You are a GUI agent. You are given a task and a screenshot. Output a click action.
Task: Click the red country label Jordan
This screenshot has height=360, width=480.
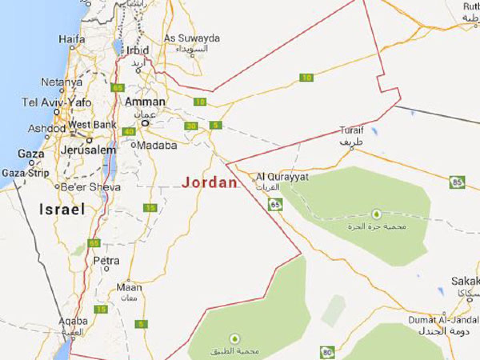(210, 182)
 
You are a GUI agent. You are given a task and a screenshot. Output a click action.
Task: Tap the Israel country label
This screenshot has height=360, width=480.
(62, 209)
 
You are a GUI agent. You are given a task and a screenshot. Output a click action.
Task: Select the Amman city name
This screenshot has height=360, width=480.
(145, 102)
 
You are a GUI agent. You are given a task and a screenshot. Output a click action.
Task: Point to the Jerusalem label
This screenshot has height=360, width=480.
(88, 150)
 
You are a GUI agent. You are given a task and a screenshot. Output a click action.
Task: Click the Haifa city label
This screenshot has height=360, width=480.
(72, 39)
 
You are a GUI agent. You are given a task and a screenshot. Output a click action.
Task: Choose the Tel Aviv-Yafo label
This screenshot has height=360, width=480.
(56, 102)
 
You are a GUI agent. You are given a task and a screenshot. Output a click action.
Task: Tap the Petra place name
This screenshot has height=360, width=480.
(106, 261)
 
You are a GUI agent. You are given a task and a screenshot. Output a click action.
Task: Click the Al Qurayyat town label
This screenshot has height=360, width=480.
(282, 176)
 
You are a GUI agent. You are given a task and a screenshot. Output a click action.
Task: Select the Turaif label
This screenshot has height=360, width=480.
(352, 130)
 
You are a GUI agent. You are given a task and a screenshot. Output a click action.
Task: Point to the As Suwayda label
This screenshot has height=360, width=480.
(192, 38)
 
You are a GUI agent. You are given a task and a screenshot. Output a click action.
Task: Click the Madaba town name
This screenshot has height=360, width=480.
(157, 145)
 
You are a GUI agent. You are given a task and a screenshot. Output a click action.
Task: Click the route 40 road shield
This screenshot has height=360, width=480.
(129, 132)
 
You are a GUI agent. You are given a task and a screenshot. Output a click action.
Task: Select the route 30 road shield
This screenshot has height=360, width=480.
(191, 126)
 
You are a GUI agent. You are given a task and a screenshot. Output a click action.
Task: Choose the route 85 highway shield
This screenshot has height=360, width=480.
(456, 182)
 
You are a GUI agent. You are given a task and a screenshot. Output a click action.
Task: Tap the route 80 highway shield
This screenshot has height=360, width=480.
(327, 352)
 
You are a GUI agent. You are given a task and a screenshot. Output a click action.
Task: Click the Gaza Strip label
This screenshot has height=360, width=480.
(26, 173)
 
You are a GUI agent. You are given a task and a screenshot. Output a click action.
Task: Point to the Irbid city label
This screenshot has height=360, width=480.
(138, 50)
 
